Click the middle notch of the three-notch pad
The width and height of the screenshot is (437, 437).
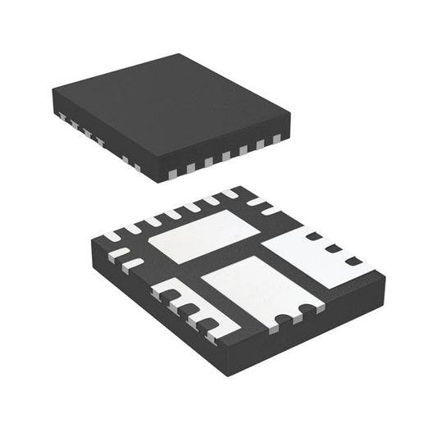click(x=332, y=248)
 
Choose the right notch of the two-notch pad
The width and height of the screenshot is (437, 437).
click(x=306, y=309)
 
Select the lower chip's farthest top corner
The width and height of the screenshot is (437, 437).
click(x=234, y=187)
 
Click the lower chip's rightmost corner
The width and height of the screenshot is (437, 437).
click(x=385, y=279)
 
